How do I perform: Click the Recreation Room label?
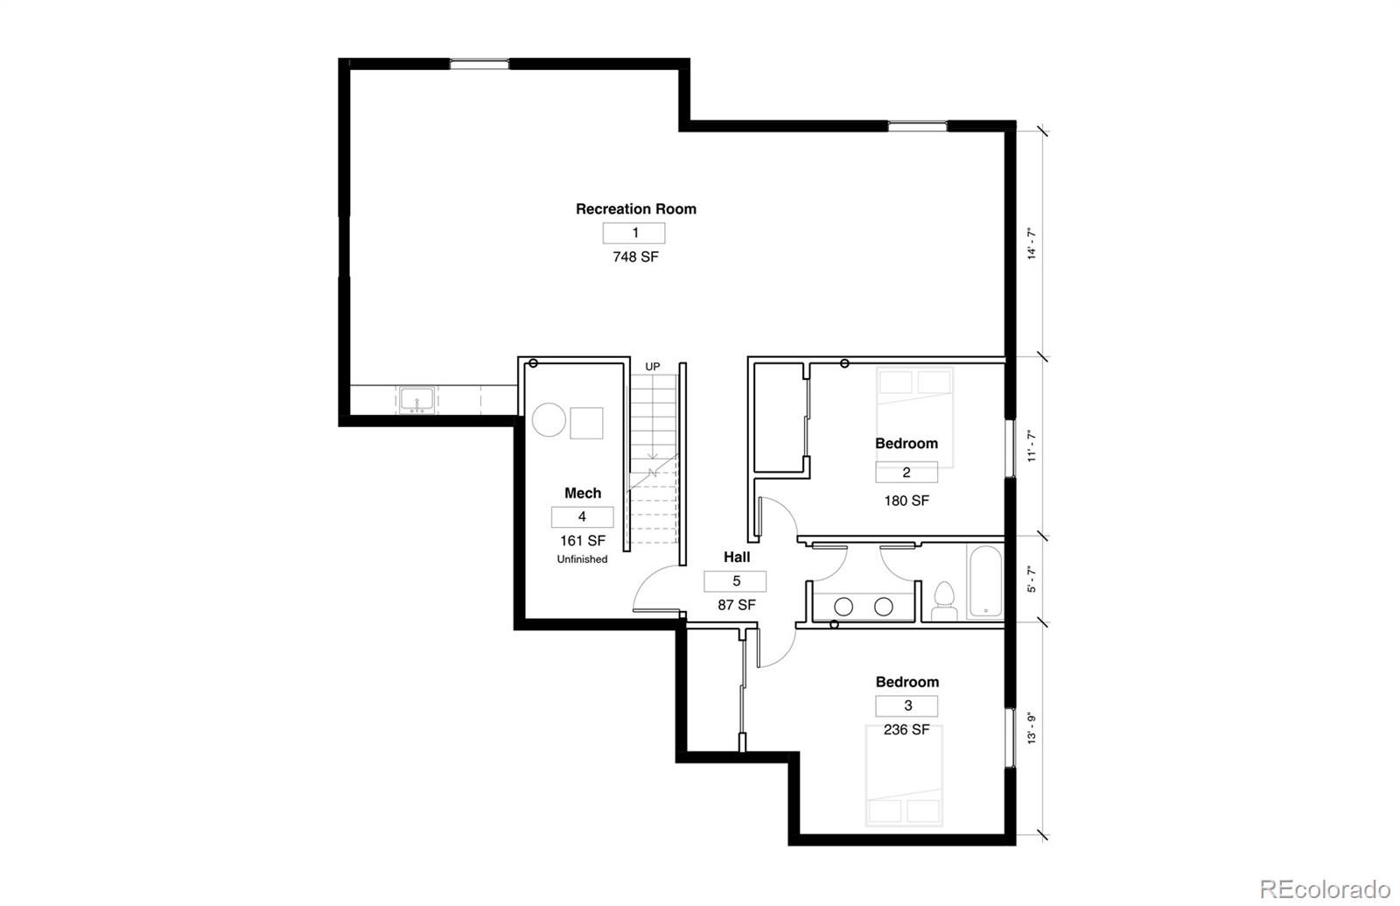636,209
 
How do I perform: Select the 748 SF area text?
635,257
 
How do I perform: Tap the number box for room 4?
582,516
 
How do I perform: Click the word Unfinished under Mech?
582,559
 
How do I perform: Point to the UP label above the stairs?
653,367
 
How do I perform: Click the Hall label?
736,557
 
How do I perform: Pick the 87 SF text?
736,605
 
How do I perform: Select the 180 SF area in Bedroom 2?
906,501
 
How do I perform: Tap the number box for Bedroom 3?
907,706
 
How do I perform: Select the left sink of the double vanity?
844,606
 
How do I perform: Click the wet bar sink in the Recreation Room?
417,400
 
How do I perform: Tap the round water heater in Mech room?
549,420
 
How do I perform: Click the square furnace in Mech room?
586,423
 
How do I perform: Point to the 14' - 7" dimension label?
1032,244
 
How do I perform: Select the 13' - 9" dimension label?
1032,728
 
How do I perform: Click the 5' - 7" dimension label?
1032,579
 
